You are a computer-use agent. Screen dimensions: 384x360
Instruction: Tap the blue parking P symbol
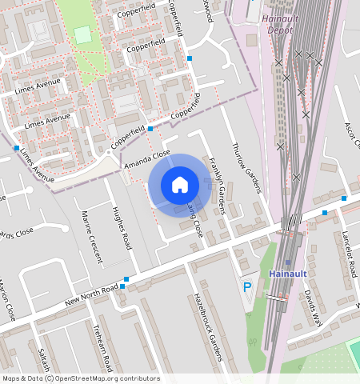coord(247,286)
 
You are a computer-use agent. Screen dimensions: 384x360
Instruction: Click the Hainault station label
coord(289,274)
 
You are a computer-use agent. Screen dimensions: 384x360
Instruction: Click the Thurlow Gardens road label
coord(246,169)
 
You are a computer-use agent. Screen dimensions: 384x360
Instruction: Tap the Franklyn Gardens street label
coord(217,186)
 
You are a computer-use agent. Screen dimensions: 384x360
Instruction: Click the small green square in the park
coord(82,34)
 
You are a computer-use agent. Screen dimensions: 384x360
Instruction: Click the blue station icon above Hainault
coord(288,262)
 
